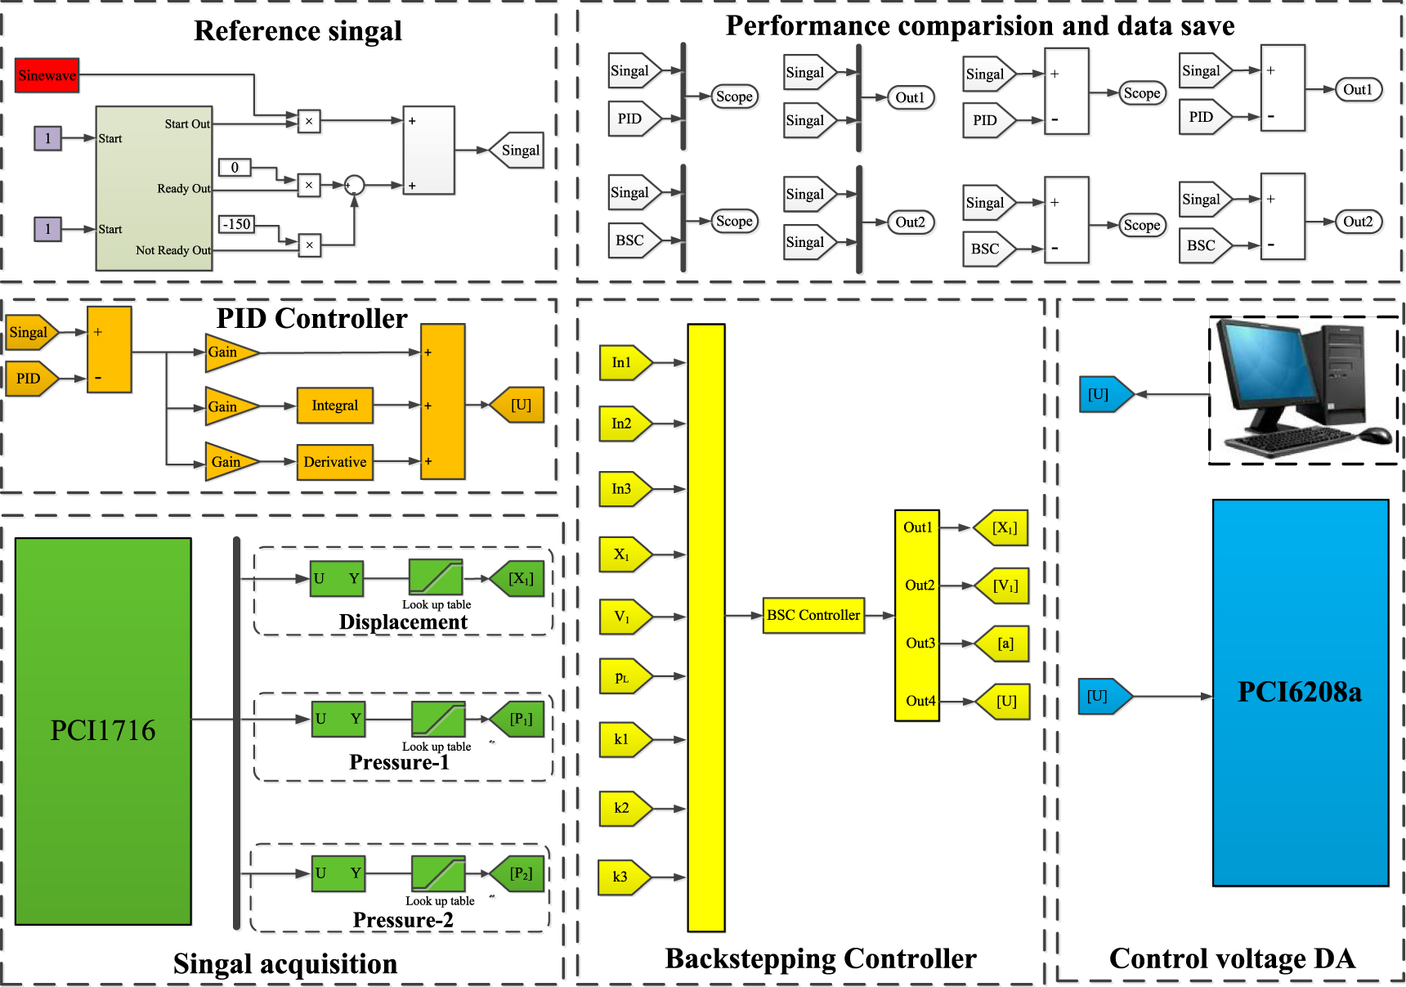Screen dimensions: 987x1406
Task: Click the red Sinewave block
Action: [x=47, y=75]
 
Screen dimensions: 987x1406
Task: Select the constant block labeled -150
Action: [x=237, y=224]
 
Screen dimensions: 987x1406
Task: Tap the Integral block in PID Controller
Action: [x=334, y=406]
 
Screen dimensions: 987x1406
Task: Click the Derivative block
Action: [x=334, y=462]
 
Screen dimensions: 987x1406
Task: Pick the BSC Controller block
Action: [x=813, y=615]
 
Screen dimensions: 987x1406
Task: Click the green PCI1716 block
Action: [x=103, y=730]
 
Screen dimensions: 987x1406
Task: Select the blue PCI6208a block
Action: [x=1300, y=693]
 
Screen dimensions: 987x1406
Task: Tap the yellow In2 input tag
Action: [x=624, y=424]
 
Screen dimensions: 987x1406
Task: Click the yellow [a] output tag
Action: [x=1004, y=644]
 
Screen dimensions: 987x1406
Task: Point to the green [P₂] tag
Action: [x=519, y=874]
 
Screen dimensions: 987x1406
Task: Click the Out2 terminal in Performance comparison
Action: [x=910, y=222]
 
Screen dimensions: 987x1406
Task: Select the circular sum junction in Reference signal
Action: [x=354, y=185]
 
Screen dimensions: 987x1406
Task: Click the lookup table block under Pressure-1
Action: [x=438, y=720]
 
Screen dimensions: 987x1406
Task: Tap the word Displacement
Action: [x=403, y=622]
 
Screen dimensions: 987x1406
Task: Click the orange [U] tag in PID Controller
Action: [x=519, y=406]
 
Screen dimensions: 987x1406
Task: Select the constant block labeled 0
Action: [x=235, y=168]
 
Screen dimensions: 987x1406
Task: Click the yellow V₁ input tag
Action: [x=624, y=617]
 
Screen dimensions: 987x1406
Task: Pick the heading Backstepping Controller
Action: [x=820, y=958]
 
